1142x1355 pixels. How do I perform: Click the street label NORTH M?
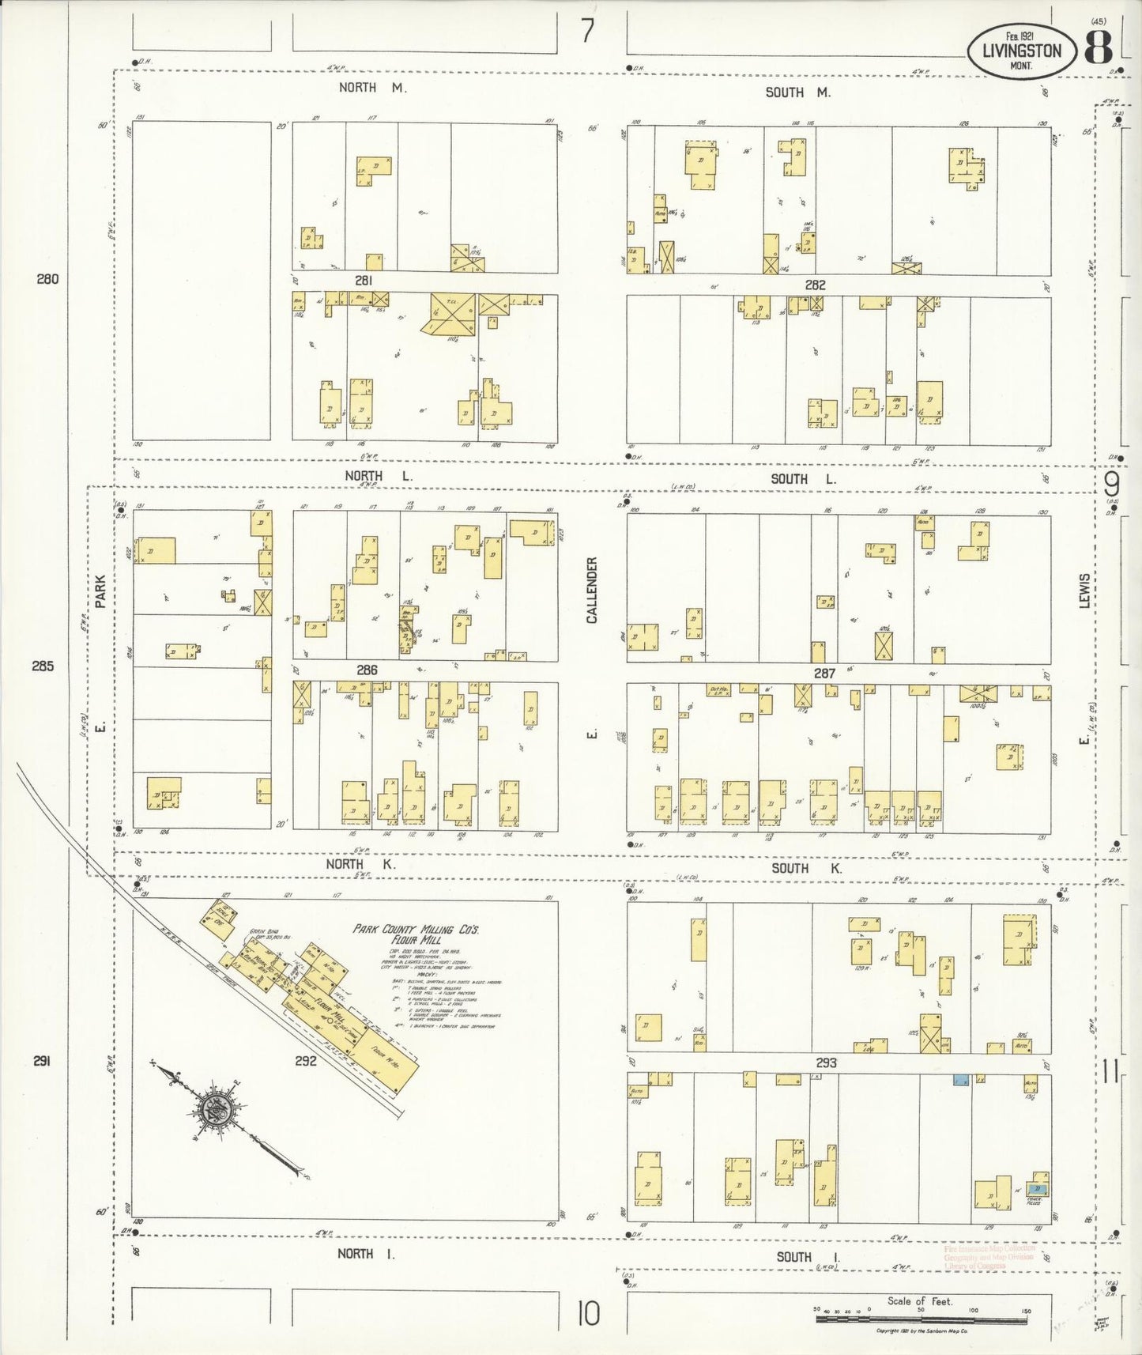372,88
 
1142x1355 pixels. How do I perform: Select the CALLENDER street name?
593,591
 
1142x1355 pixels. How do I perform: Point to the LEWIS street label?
1085,591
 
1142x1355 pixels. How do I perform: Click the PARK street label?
100,591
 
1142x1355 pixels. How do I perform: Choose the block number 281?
364,281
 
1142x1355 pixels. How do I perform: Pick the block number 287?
824,673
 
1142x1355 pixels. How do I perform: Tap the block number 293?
826,1062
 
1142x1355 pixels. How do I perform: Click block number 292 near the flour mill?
306,1061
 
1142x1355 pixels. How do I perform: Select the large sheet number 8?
1098,49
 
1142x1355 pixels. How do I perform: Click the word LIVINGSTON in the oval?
1022,51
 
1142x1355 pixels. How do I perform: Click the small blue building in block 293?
960,1080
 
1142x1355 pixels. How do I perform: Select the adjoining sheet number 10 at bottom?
588,1315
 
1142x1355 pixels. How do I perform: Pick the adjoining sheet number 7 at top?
587,32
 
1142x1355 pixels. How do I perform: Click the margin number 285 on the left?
43,666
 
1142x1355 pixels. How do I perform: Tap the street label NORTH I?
366,1253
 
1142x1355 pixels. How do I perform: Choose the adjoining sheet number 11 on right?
1110,1073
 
